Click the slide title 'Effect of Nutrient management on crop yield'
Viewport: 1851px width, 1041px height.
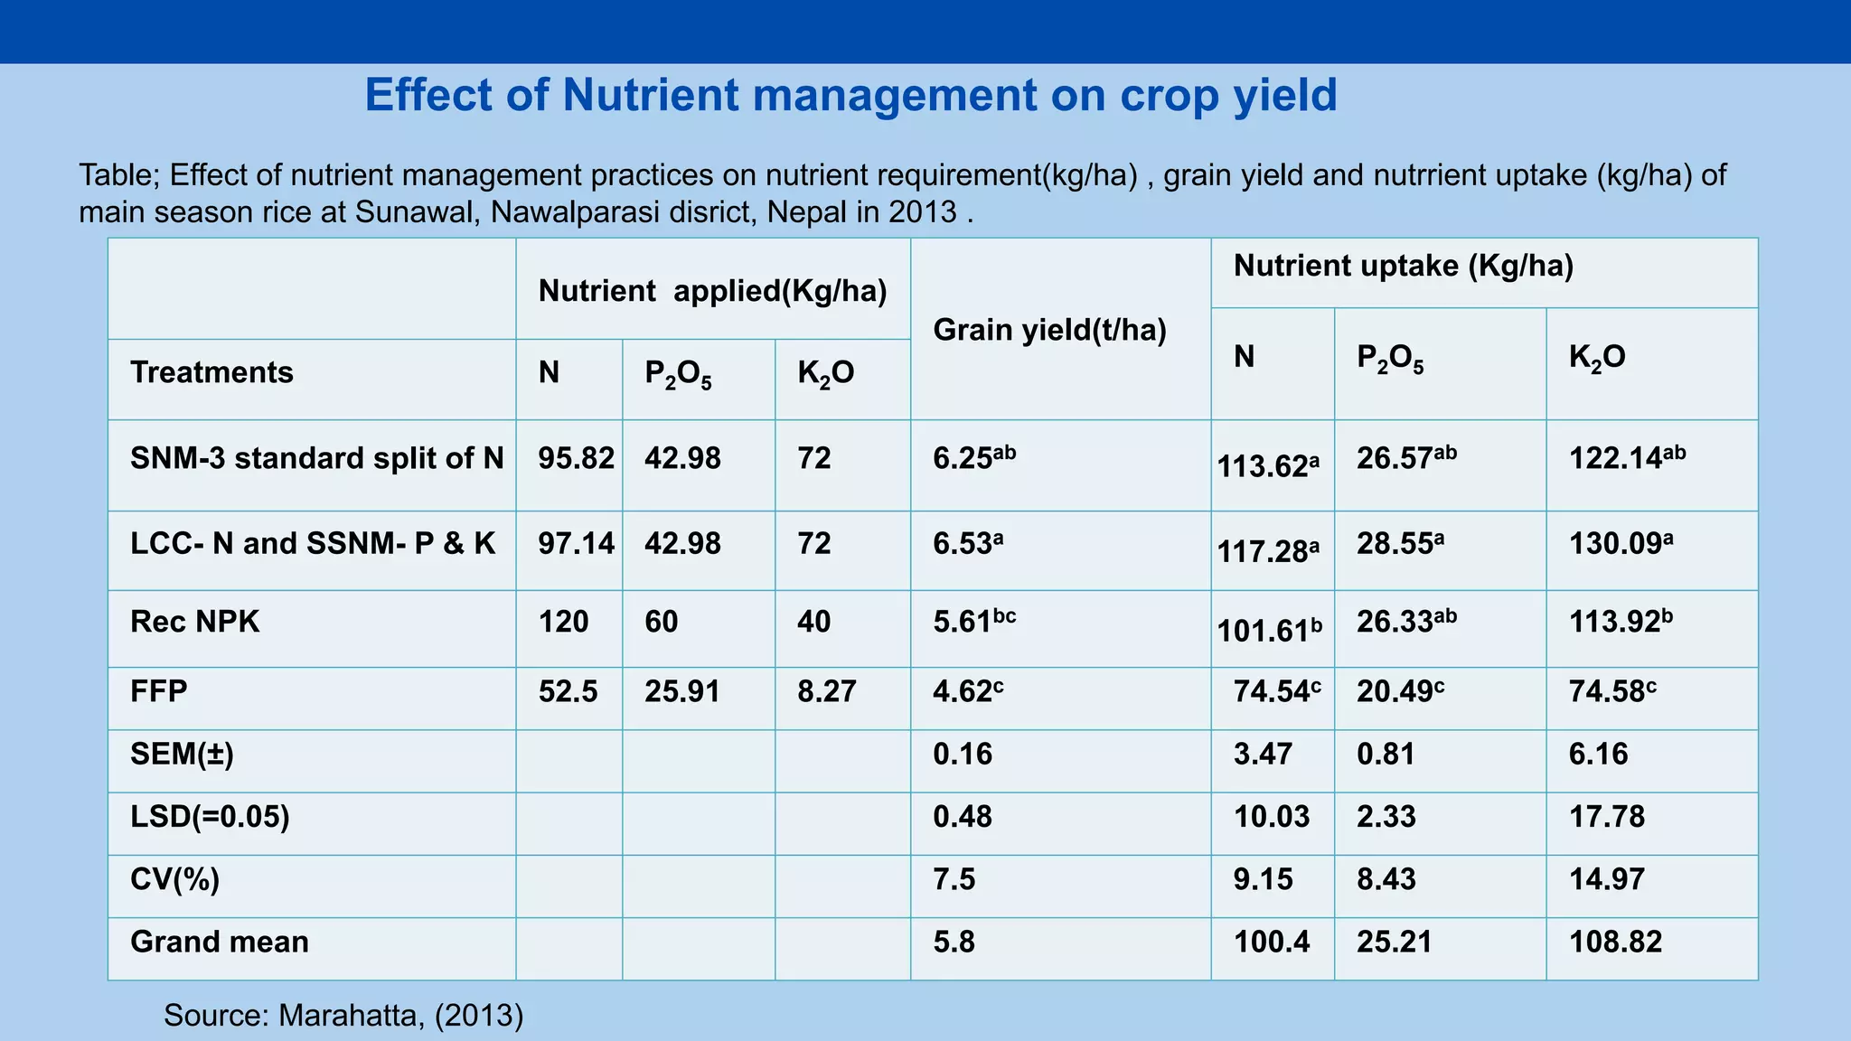[850, 95]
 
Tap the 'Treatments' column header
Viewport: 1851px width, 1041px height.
[211, 372]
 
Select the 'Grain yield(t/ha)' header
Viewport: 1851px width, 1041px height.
[1049, 331]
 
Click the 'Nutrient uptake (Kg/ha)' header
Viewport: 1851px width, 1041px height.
[1404, 267]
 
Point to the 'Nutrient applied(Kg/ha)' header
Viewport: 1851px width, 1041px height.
[712, 291]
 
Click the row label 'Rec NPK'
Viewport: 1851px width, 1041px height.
[194, 622]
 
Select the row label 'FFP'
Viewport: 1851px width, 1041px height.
[158, 691]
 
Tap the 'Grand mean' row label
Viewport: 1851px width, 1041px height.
[220, 942]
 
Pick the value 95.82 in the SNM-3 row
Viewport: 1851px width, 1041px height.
[577, 458]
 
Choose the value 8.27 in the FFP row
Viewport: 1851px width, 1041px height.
[826, 691]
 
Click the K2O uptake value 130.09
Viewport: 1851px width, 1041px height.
[1621, 543]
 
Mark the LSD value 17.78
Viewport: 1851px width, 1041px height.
[1607, 817]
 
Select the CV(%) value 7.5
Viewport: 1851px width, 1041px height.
[954, 879]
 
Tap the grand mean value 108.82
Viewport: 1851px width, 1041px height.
[1615, 942]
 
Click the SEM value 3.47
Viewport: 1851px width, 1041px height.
[1263, 754]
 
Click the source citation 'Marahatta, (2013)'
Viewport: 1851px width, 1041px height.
[400, 1016]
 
